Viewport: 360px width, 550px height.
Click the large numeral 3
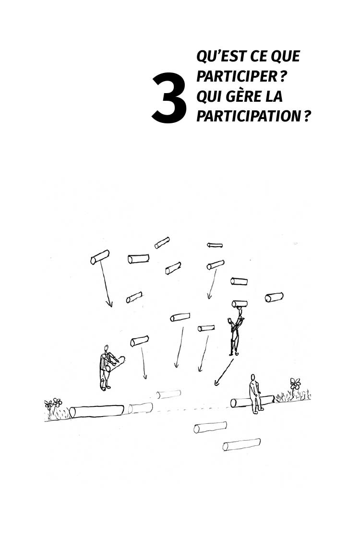(x=169, y=98)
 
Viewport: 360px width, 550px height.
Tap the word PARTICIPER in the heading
(x=237, y=76)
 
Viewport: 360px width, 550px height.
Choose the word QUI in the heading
(x=209, y=96)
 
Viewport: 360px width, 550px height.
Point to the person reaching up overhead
(x=235, y=332)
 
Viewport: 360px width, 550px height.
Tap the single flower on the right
(x=295, y=384)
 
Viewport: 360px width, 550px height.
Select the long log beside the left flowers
(x=97, y=411)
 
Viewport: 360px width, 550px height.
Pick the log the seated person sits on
(x=252, y=401)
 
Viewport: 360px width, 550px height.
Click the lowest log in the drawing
(x=241, y=444)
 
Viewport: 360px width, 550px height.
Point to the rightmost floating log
(x=274, y=297)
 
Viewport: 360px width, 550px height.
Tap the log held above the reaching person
(x=240, y=304)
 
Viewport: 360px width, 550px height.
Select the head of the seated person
(x=252, y=377)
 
